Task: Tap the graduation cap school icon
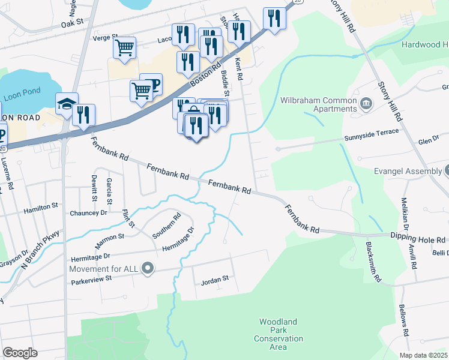coord(67,104)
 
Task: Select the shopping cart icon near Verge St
coord(124,47)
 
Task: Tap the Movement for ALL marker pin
coord(148,268)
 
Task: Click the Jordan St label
coord(215,279)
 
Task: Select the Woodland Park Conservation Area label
coord(278,335)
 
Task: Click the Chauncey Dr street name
coord(88,212)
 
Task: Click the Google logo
coord(20,352)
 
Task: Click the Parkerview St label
coord(92,278)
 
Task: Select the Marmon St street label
coord(109,241)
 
